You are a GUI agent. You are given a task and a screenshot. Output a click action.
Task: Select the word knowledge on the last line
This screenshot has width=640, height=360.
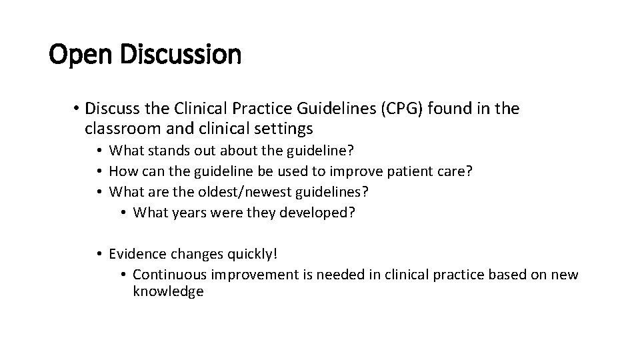[x=168, y=292]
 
